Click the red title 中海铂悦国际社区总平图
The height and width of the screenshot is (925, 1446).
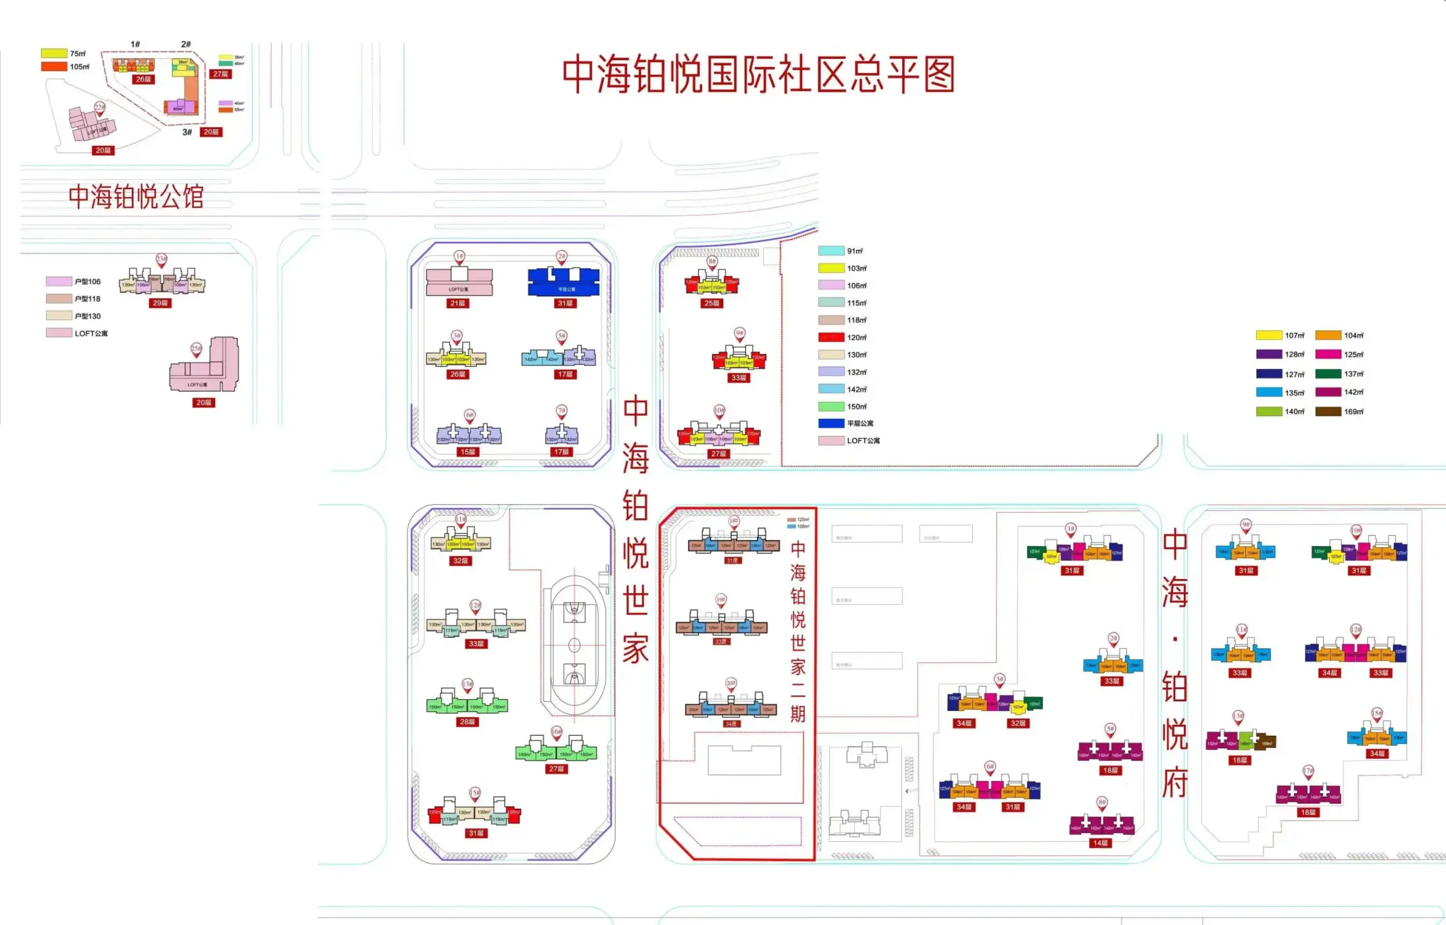pos(758,74)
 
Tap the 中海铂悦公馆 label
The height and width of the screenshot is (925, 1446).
pos(136,197)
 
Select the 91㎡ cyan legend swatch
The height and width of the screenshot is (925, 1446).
pos(830,251)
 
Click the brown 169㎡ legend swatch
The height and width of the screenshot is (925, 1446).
pos(1328,411)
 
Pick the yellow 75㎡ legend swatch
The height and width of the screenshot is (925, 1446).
pos(54,53)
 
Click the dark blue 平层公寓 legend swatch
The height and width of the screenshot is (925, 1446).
pos(830,424)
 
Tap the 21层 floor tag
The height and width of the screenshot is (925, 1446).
pos(457,303)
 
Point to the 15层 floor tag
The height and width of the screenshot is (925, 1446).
pos(467,452)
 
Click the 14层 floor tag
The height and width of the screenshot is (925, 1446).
pos(1100,843)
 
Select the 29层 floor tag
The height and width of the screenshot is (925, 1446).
pos(160,303)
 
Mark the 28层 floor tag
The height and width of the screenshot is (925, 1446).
pos(466,722)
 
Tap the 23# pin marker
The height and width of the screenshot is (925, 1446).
pos(161,259)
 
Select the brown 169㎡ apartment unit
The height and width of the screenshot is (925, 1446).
pos(1266,741)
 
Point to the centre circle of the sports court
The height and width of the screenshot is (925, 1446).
pos(574,645)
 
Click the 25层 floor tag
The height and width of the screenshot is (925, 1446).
pos(712,303)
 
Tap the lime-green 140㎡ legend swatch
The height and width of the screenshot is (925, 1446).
pos(1269,411)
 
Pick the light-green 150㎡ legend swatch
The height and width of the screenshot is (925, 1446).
pos(830,407)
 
